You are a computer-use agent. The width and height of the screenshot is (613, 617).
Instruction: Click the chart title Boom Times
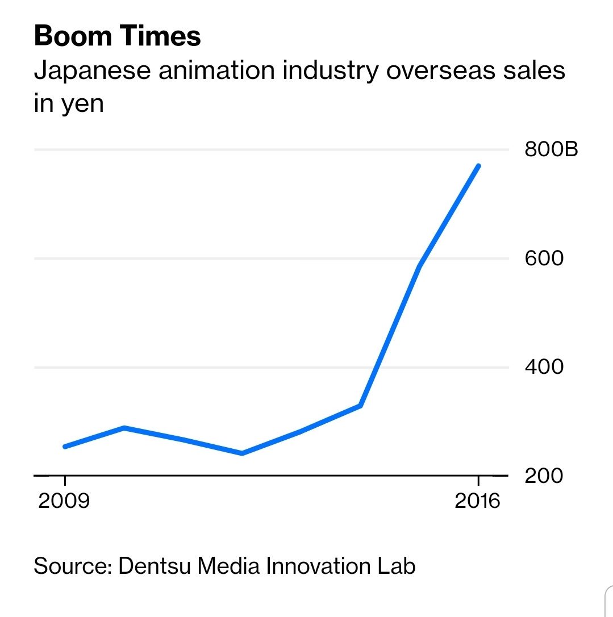[117, 36]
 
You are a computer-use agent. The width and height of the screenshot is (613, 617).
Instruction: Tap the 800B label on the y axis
[551, 150]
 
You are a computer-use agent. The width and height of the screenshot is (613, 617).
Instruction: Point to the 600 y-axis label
[544, 259]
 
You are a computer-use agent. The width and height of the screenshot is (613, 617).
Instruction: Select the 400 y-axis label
[544, 367]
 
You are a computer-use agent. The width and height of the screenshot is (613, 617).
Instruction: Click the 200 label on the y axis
[544, 476]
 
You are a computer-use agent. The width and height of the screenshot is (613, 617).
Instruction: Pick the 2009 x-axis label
[64, 502]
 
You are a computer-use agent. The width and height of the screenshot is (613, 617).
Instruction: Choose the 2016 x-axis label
[478, 502]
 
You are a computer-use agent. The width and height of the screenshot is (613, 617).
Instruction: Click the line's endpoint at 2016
[479, 166]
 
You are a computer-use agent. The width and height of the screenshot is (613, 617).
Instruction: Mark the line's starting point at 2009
[65, 447]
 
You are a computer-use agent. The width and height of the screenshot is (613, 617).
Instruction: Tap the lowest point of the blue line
[242, 453]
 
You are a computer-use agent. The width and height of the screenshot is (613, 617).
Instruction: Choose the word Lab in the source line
[397, 566]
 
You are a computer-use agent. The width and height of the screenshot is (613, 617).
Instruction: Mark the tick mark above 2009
[65, 481]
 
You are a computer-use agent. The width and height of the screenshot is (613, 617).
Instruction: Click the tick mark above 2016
[478, 481]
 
